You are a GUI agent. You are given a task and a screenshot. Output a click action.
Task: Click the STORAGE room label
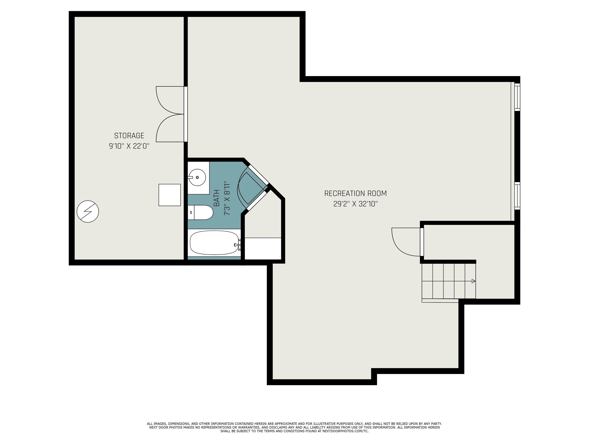(x=129, y=136)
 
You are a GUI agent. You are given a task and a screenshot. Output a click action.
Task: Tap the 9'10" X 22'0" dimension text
(x=129, y=146)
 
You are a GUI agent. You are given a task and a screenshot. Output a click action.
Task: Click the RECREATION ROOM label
(x=355, y=194)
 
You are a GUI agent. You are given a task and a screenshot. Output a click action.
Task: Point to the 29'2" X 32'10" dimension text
(x=355, y=204)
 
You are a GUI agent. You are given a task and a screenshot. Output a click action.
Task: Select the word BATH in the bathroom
(x=217, y=198)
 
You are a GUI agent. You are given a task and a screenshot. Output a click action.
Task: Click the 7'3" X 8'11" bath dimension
(x=227, y=198)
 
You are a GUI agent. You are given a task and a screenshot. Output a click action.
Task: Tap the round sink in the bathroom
(x=197, y=177)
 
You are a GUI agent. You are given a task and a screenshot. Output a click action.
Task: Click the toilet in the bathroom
(x=201, y=212)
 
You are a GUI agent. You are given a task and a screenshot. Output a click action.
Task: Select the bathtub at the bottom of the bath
(x=214, y=243)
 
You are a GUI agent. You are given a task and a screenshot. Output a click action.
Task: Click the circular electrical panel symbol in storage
(x=88, y=212)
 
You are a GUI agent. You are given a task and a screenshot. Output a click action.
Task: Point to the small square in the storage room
(x=170, y=195)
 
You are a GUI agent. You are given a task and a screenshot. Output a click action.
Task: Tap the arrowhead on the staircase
(x=473, y=281)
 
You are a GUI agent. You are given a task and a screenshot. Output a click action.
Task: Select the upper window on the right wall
(x=517, y=97)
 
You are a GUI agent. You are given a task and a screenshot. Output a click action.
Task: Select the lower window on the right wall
(x=517, y=196)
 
